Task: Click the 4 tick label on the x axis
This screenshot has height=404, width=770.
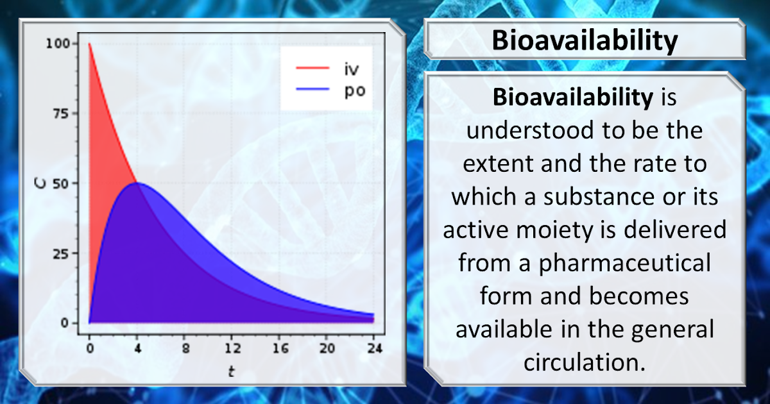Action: pos(137,349)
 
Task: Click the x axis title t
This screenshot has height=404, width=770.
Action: pos(232,371)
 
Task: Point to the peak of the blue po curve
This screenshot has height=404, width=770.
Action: pos(137,183)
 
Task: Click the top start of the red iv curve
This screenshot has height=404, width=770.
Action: pos(90,44)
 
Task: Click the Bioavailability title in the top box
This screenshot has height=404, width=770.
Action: pos(584,41)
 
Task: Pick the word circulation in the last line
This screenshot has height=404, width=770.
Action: pos(583,362)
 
